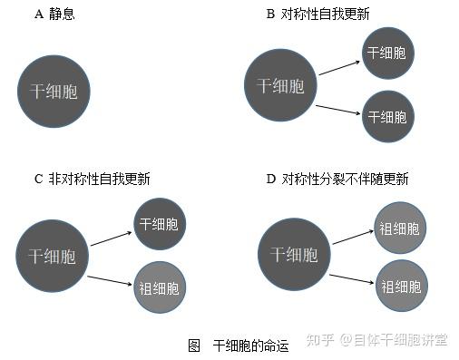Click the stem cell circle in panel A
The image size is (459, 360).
[54, 92]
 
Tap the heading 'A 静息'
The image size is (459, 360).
[54, 15]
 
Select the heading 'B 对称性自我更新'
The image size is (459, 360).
[317, 14]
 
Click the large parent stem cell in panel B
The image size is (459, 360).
[280, 85]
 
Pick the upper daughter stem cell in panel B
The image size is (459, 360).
[388, 53]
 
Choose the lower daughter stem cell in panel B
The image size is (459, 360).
[388, 116]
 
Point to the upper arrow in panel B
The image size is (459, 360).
[339, 68]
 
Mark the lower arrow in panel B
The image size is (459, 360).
[337, 110]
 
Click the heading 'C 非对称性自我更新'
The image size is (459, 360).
[93, 179]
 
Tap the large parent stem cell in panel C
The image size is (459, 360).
[52, 256]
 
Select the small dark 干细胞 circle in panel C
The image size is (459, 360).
[160, 224]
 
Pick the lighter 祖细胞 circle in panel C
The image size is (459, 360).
[160, 287]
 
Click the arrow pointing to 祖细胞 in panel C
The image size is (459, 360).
[110, 280]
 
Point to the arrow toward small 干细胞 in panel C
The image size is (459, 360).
[111, 238]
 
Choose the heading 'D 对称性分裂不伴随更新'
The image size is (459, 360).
[337, 179]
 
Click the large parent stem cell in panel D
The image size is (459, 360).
[294, 254]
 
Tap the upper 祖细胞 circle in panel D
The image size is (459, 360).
[400, 228]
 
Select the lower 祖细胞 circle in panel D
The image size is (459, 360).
[402, 286]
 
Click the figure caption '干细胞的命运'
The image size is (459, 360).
[250, 345]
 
